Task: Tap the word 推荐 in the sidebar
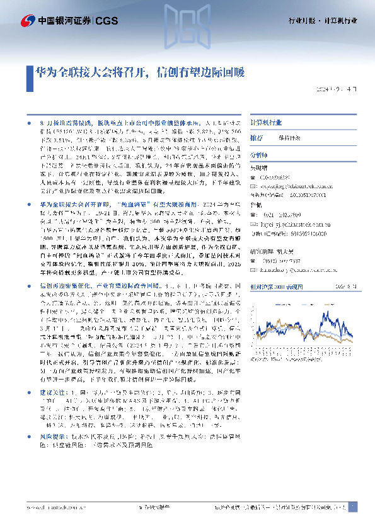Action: [x=257, y=137]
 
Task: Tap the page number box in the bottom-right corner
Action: [x=353, y=507]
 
